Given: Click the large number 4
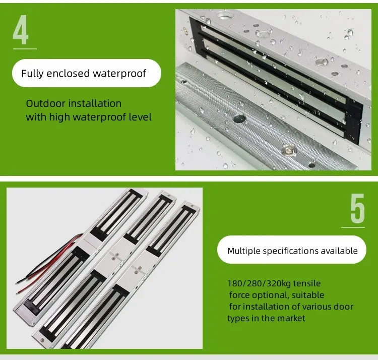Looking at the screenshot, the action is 21,30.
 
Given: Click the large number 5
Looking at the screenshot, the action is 357,208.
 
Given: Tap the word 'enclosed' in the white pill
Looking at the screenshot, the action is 68,73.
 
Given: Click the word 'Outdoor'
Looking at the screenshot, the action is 45,103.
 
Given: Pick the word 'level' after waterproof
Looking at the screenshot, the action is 140,117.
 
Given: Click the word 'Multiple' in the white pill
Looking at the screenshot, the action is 244,251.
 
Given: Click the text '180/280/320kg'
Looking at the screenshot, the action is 259,283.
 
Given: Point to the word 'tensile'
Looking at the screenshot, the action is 307,283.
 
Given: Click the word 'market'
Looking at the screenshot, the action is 291,318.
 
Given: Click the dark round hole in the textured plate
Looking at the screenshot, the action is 239,118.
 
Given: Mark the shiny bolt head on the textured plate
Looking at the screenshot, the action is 289,150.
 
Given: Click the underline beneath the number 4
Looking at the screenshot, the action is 25,49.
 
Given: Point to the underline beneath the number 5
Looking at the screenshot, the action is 353,227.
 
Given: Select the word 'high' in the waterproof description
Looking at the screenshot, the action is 59,117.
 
